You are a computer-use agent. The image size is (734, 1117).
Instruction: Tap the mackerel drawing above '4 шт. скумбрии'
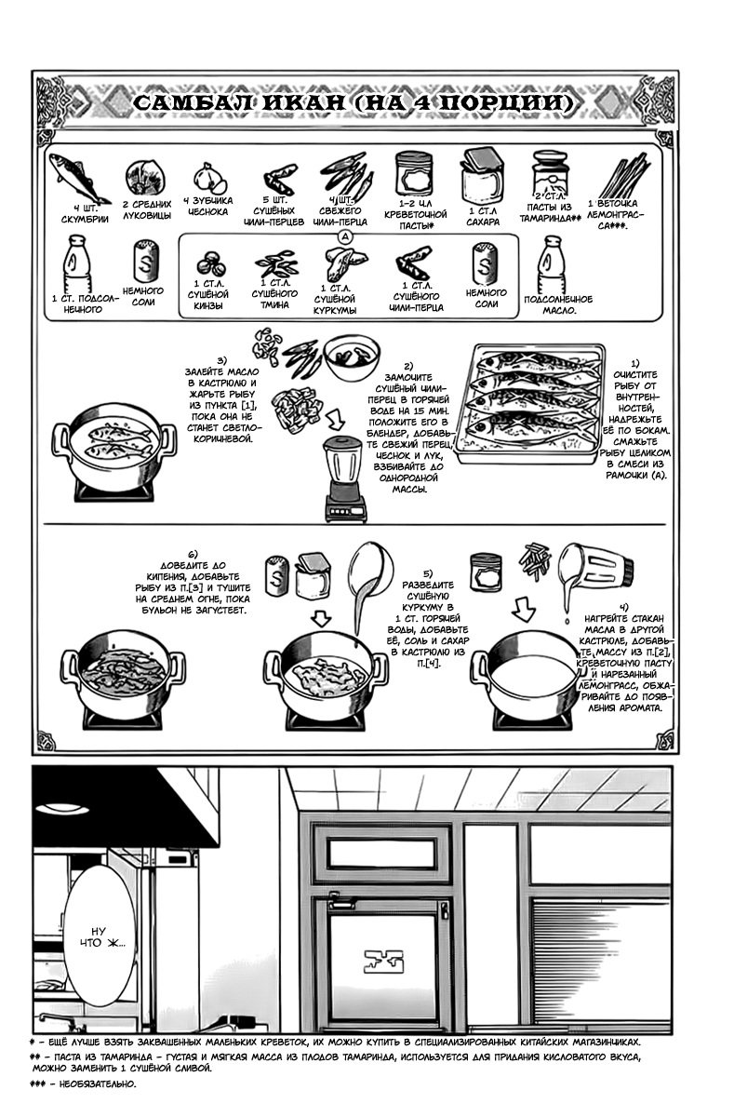80,178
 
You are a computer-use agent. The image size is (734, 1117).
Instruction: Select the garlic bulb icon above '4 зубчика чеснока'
209,178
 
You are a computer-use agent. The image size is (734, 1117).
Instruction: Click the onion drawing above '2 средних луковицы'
144,178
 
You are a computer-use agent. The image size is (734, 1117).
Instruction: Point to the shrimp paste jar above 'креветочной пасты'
415,175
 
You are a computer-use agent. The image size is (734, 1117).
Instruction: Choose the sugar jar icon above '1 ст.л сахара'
483,176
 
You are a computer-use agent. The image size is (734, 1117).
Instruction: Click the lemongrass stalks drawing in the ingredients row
624,178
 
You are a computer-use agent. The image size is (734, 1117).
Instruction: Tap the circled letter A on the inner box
345,237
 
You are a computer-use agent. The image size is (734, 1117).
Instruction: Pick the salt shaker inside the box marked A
485,263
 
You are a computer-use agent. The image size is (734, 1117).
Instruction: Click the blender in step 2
345,478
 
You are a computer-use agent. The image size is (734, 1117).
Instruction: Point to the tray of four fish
530,403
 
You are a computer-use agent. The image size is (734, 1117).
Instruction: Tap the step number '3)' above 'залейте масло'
221,360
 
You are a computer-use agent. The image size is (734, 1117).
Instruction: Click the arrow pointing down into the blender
335,420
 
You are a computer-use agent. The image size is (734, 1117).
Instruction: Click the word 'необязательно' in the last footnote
97,1083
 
